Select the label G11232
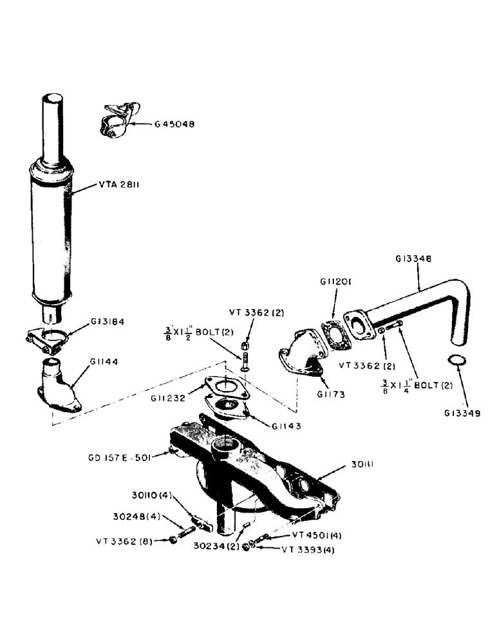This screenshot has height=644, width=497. [171, 399]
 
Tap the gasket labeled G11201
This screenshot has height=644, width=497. [335, 336]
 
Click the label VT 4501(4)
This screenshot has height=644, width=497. [316, 535]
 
